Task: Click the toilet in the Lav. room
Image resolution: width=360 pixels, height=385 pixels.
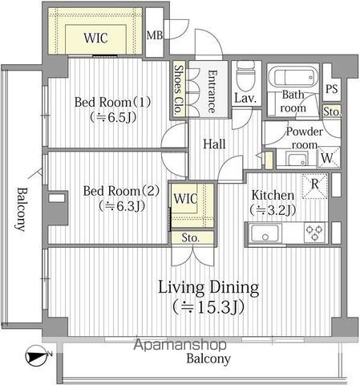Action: [x=245, y=75]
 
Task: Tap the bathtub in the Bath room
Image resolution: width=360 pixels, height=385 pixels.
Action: [x=293, y=76]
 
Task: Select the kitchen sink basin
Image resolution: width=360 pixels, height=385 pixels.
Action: [x=265, y=233]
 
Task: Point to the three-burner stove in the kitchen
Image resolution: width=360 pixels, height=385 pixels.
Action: [x=314, y=233]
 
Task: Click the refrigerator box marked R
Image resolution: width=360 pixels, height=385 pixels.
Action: [x=315, y=186]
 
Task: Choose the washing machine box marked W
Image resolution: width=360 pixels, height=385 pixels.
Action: [x=329, y=157]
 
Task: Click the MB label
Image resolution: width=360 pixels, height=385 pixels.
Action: [x=155, y=35]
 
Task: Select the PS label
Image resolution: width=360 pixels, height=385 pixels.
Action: [x=332, y=89]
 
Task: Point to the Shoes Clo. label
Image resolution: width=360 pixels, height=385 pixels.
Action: [x=179, y=90]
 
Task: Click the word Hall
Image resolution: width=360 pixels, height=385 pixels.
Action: [x=214, y=144]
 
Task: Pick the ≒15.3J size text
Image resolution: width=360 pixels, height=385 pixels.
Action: [x=208, y=306]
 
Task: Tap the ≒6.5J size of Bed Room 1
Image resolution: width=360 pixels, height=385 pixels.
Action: [x=113, y=117]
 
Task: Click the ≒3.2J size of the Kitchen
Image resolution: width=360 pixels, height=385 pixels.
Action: [x=273, y=210]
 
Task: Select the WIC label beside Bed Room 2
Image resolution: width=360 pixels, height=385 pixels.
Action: [x=185, y=198]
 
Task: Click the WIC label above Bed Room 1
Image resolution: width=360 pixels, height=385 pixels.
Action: [x=95, y=38]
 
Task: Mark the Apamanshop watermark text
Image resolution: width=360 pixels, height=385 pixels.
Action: [x=180, y=344]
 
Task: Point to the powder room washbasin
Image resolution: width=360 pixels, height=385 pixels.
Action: [x=297, y=160]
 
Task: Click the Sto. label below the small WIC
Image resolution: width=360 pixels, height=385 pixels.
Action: [x=190, y=237]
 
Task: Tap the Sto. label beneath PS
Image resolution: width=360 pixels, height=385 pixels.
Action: [x=332, y=111]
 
